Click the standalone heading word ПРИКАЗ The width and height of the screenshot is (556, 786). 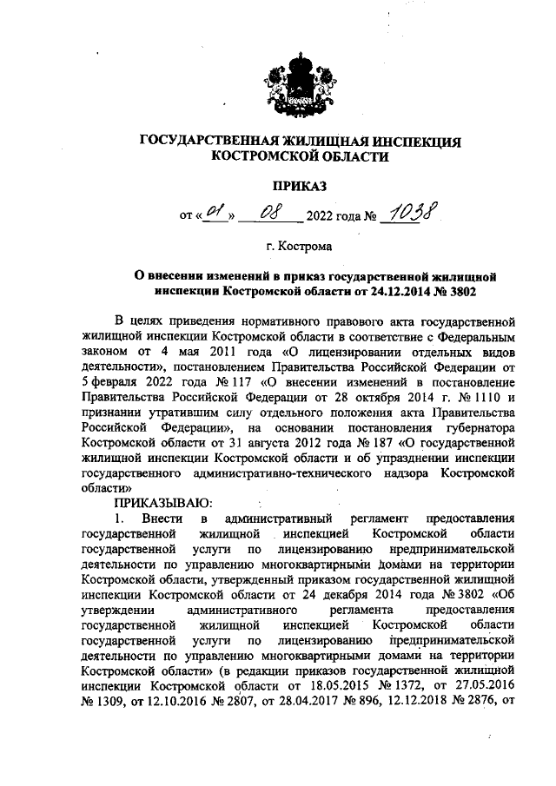point(300,185)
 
